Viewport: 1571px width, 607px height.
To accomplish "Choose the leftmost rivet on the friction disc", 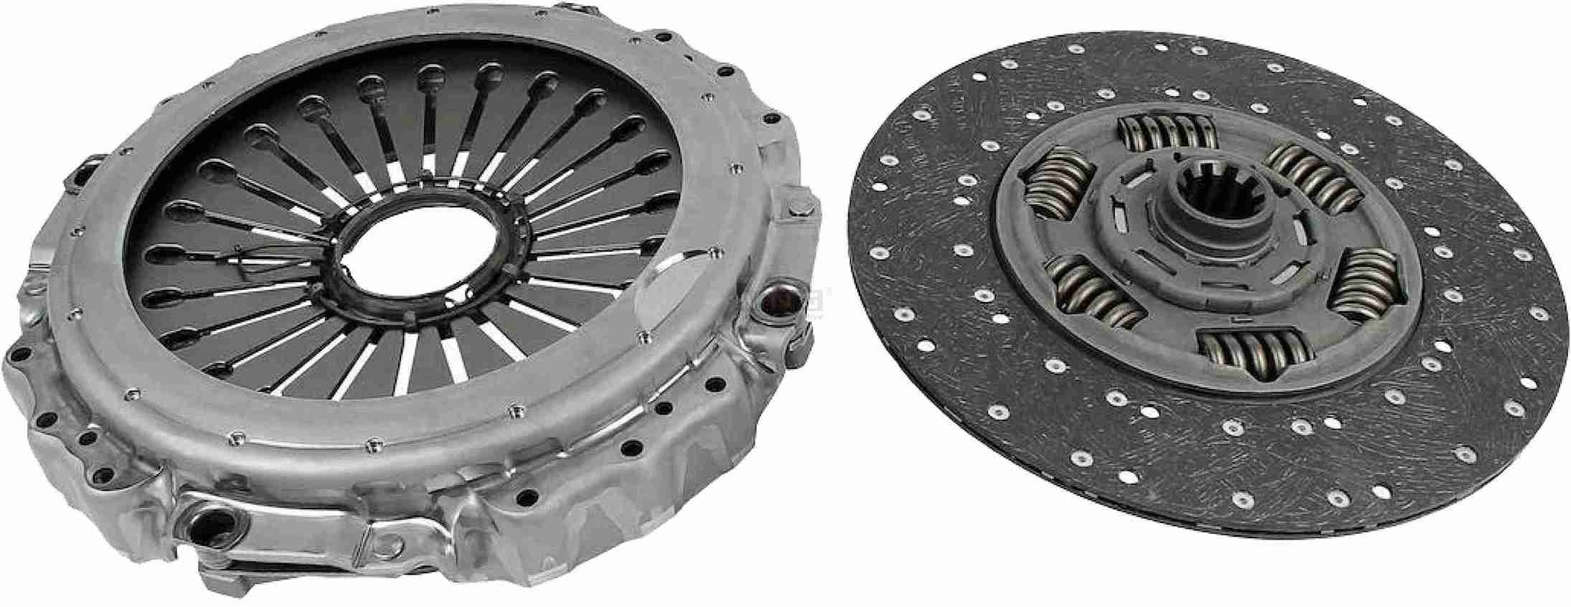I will [x=874, y=252].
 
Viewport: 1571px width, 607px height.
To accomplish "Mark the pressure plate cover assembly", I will [x=402, y=301].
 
